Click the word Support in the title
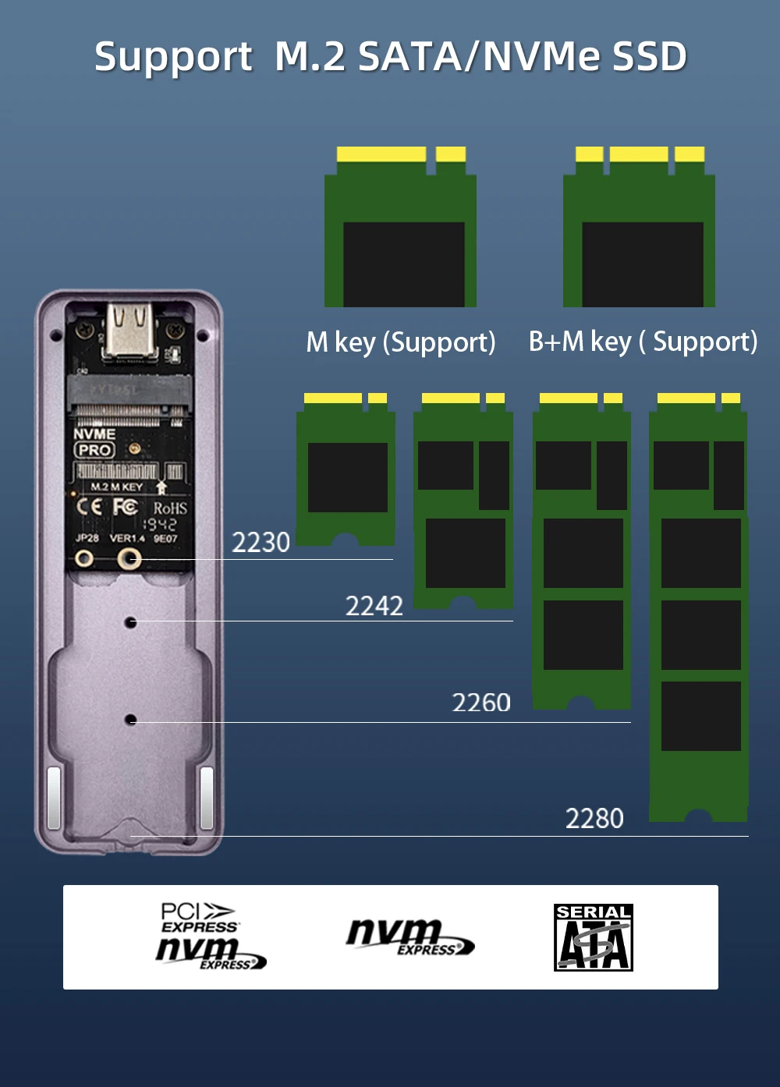tap(173, 57)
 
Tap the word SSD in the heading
tap(649, 57)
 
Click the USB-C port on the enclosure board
tap(130, 330)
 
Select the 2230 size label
tap(261, 542)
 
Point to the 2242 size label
tap(374, 606)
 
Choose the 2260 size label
tap(481, 703)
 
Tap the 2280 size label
tap(594, 819)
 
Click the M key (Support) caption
tap(400, 342)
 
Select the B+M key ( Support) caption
tap(643, 342)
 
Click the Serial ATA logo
tap(593, 937)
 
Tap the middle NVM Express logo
tap(409, 937)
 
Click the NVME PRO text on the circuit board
tap(94, 442)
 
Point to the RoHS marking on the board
tap(169, 508)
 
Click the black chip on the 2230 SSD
tap(347, 477)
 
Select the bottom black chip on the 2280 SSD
tap(700, 716)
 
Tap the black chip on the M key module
tap(403, 264)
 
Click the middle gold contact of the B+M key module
tap(638, 154)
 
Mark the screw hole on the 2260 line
tap(130, 719)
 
